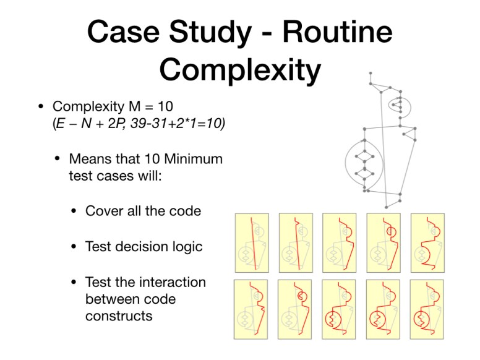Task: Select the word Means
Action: (90, 159)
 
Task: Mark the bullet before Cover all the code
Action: (73, 211)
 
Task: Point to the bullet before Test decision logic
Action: (73, 247)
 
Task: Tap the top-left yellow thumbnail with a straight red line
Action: (252, 242)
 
